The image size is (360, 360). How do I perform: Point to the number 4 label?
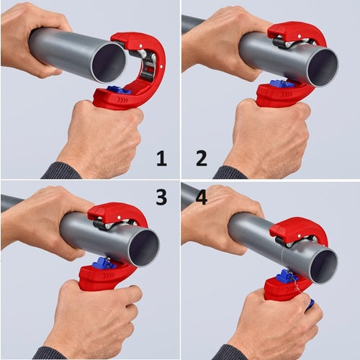(x=201, y=197)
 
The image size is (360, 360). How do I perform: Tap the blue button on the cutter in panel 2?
(x=283, y=84)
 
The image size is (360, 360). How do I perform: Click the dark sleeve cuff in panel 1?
(x=61, y=171)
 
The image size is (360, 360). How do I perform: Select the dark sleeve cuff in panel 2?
(x=230, y=173)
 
